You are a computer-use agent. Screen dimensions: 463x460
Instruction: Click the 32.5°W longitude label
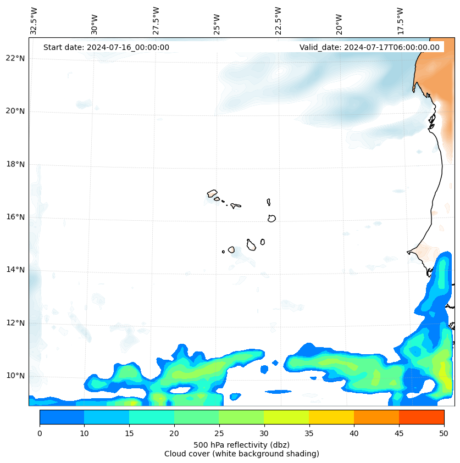point(34,20)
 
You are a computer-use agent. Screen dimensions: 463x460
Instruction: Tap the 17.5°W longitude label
point(400,20)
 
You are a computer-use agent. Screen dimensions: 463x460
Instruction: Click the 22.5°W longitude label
point(278,20)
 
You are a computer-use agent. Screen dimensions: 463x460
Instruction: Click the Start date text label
point(106,47)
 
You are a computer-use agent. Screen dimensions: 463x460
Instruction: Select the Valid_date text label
point(369,47)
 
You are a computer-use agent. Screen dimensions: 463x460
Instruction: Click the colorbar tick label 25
point(219,434)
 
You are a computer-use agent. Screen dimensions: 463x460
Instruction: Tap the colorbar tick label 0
point(40,434)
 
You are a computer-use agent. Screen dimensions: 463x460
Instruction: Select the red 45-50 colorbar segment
point(422,417)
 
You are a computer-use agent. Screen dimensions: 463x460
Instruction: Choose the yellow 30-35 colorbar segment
point(286,417)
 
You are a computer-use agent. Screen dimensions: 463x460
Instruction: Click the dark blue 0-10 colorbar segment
point(62,417)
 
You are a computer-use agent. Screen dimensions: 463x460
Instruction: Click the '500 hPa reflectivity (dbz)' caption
point(241,444)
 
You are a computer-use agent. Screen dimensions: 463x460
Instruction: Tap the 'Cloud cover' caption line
point(241,454)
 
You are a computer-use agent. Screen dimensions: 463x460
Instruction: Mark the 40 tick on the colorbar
point(354,434)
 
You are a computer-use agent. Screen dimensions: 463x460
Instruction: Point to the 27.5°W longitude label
point(156,20)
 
